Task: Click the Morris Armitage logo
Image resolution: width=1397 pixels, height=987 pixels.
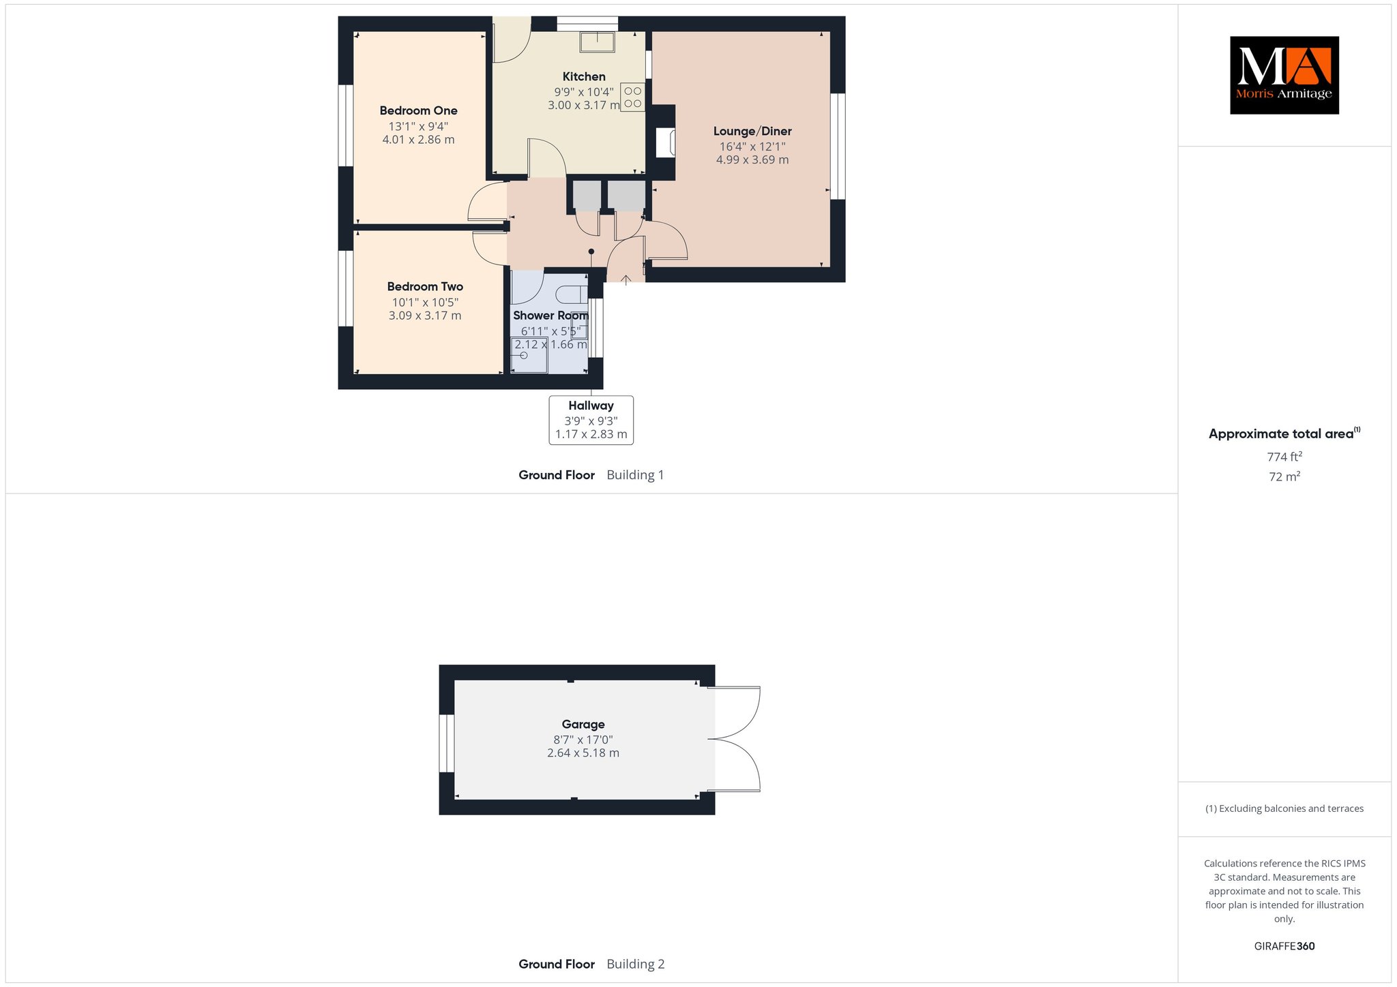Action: (1284, 75)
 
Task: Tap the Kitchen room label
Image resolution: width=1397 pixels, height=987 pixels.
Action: (584, 76)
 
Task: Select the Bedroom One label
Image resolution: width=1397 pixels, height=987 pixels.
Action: (418, 110)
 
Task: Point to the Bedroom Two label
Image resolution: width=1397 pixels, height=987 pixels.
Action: (425, 286)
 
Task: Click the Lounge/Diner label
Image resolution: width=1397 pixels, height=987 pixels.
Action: (752, 131)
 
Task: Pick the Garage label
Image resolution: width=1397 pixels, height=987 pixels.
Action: (583, 724)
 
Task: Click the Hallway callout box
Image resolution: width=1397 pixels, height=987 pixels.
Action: (591, 420)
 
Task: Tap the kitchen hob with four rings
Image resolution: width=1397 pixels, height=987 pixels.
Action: (632, 97)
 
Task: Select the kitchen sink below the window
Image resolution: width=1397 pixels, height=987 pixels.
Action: (598, 42)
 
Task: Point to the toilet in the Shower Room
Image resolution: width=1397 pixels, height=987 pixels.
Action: (572, 294)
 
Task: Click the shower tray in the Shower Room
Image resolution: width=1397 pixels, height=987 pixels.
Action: (529, 355)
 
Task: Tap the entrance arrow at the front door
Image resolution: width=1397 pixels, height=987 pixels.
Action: (626, 278)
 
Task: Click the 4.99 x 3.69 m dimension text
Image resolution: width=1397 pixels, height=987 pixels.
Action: (752, 160)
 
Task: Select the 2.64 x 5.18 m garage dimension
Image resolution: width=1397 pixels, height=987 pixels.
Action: (583, 753)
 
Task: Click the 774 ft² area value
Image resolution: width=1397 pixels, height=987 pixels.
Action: (1284, 457)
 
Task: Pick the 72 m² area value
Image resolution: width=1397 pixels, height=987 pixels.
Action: (1284, 476)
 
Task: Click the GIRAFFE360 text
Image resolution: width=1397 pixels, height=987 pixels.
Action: (1284, 946)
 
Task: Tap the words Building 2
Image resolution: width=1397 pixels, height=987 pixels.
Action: (635, 964)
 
